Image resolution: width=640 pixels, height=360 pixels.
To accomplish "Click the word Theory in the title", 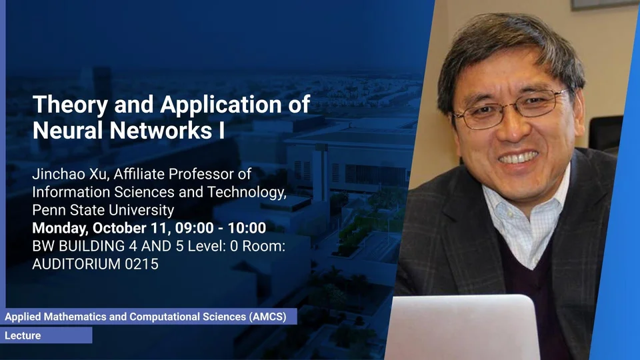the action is pos(70,105).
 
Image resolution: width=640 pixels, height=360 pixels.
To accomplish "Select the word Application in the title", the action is pos(221,105).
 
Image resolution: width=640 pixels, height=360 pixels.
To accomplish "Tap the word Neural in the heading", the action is pos(68,130).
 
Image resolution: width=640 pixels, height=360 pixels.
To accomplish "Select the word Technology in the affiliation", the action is pos(247,192).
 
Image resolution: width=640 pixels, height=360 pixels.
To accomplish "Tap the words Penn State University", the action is pos(103,210).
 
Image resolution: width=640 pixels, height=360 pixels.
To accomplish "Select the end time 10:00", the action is pos(247,228).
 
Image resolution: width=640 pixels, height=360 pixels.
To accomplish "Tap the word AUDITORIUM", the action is pos(76,264).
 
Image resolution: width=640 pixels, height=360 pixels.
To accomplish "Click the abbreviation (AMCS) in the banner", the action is pos(268,317).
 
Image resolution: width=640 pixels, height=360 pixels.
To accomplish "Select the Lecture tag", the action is pos(23,335).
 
